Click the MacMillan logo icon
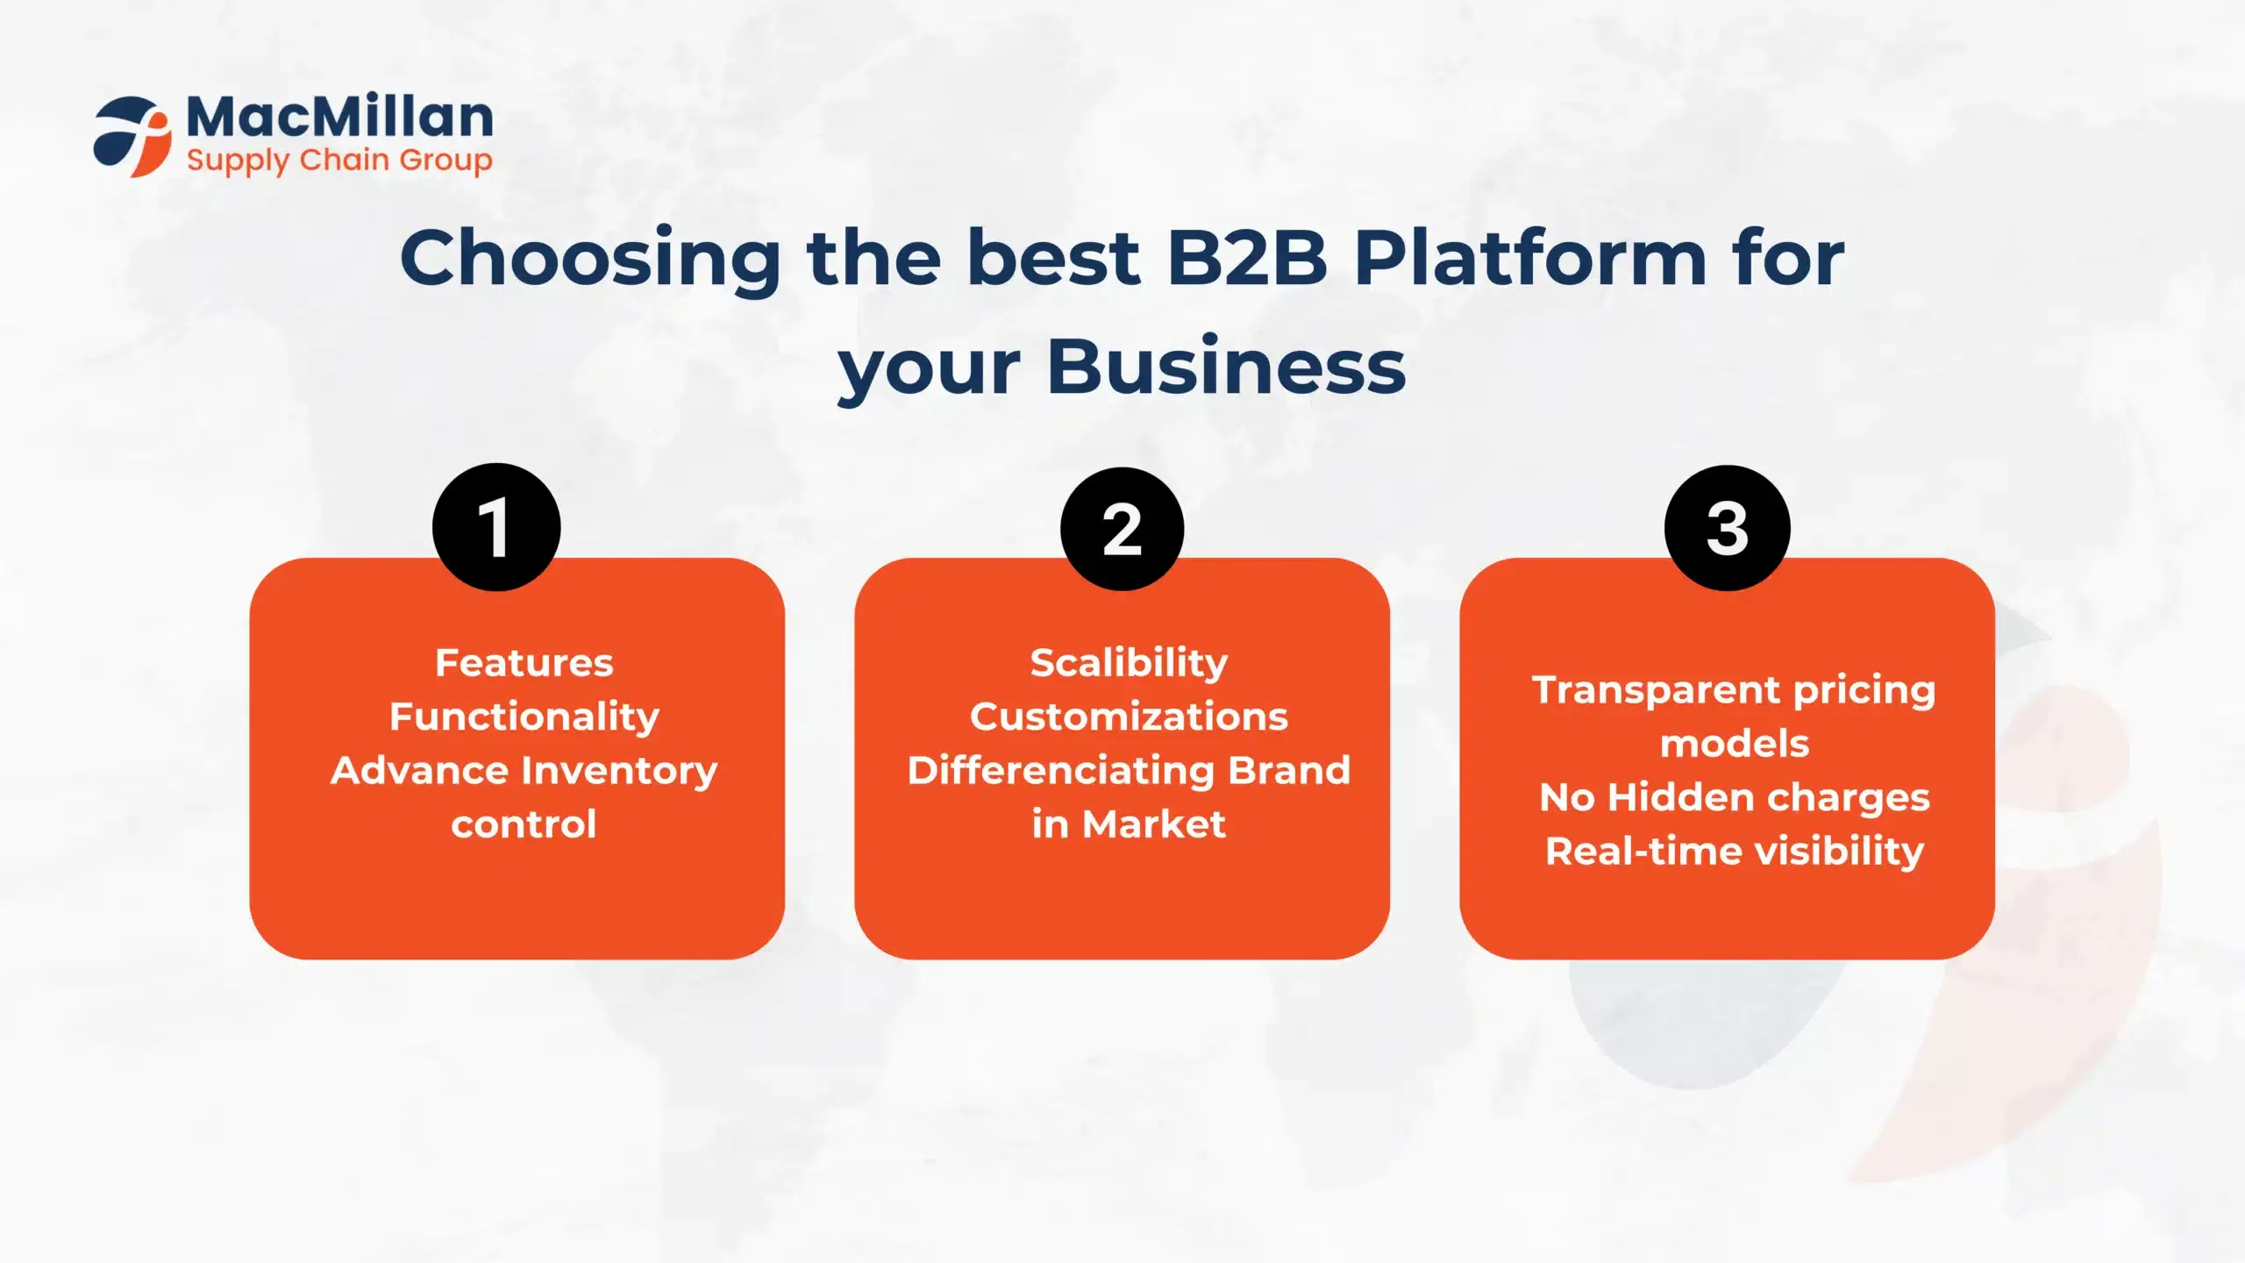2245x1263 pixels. [132, 137]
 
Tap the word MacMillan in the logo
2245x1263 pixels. [340, 117]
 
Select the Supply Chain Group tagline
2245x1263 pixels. [339, 161]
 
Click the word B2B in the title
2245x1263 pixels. [1247, 258]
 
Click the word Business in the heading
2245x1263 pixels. [1227, 367]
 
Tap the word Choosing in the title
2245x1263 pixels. [590, 260]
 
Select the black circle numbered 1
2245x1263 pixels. [496, 527]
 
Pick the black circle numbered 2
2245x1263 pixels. [1122, 529]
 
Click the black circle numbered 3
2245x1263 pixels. [1728, 528]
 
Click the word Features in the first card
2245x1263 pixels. [524, 663]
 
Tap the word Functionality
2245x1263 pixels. [524, 717]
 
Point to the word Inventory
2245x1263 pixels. [620, 772]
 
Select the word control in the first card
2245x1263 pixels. [524, 824]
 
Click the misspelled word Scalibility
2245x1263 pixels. [1130, 664]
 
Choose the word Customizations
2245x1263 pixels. [1130, 717]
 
